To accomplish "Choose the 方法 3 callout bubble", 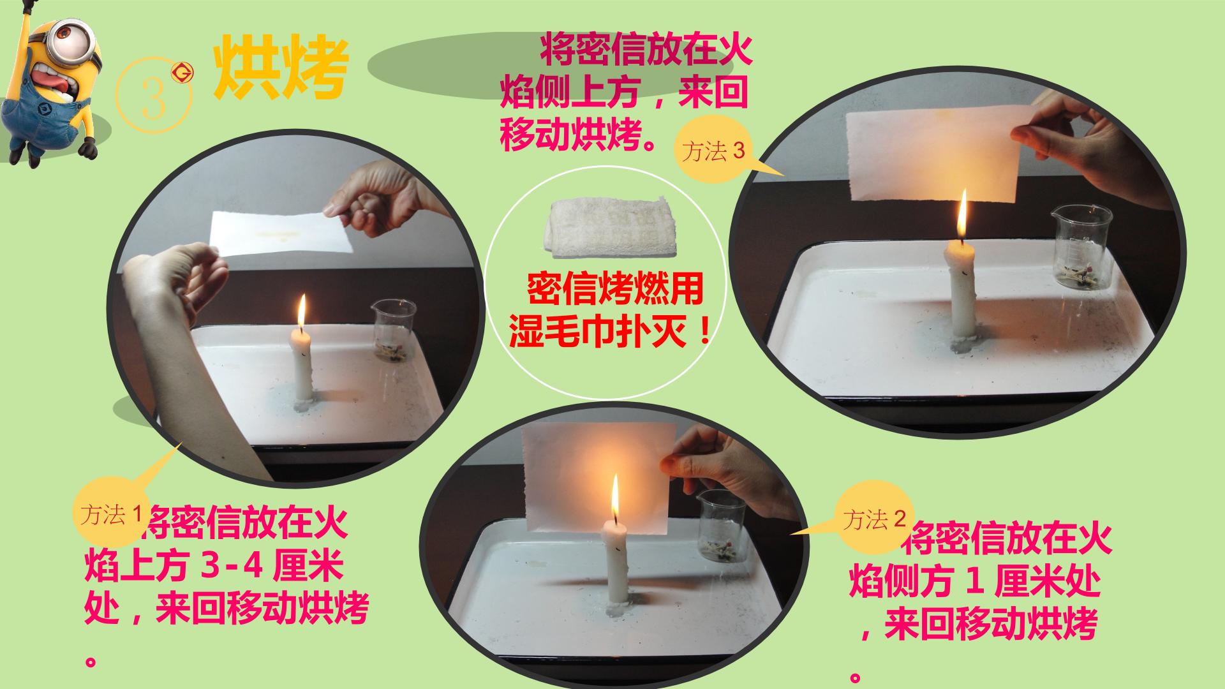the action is coord(714,151).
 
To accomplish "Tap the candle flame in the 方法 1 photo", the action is coord(302,311).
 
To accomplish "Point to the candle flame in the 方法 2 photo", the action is coord(614,498).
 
